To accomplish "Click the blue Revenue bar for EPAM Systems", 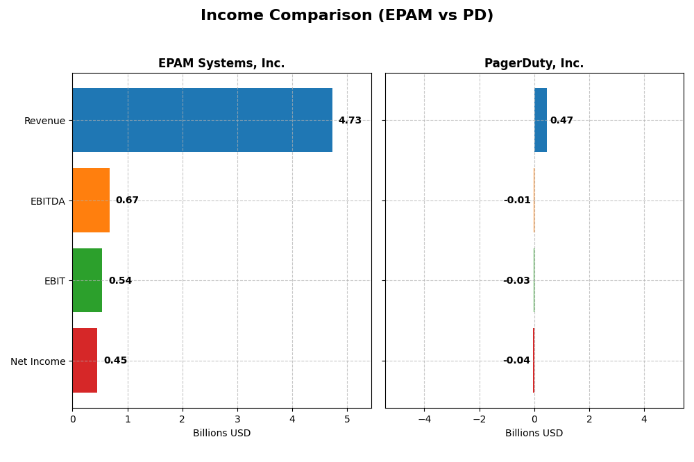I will coord(202,120).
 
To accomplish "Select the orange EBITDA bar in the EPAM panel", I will coord(91,200).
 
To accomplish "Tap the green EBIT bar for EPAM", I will coord(87,280).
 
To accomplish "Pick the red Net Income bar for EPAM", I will coord(85,360).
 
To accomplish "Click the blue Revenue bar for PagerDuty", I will coord(541,120).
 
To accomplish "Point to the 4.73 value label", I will coord(350,121).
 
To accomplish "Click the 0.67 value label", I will coord(127,200).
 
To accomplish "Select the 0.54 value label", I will coord(120,281).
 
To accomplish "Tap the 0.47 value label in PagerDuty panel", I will coord(561,121).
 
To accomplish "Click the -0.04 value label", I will coord(516,361).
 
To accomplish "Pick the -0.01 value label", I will coord(517,200).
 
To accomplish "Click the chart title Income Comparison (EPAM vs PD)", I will coord(347,15).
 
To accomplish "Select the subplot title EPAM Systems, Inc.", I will coord(221,64).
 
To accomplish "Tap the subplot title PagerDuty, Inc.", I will coord(534,64).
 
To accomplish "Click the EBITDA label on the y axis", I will coord(47,201).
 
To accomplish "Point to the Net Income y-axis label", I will coord(37,361).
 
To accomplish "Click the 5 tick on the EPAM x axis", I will coord(347,419).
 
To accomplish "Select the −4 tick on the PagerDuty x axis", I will coord(424,419).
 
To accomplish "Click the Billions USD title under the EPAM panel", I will coord(221,434).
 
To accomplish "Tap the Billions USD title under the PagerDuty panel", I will coord(534,434).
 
